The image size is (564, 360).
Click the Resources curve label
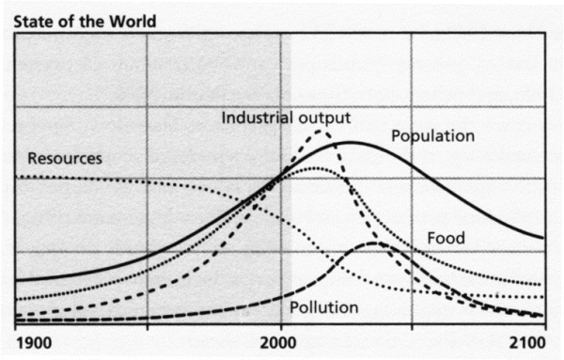tap(65, 158)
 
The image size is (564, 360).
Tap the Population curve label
tap(433, 136)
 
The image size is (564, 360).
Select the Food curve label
tap(446, 238)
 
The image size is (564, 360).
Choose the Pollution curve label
tap(323, 306)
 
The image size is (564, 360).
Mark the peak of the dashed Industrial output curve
tap(321, 131)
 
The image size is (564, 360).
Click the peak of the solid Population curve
tap(351, 142)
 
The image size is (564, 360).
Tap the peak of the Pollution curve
tap(377, 243)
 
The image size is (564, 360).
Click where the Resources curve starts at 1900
tap(18, 177)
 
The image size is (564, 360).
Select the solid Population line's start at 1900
tap(18, 280)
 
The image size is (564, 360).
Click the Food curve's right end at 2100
tap(543, 285)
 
